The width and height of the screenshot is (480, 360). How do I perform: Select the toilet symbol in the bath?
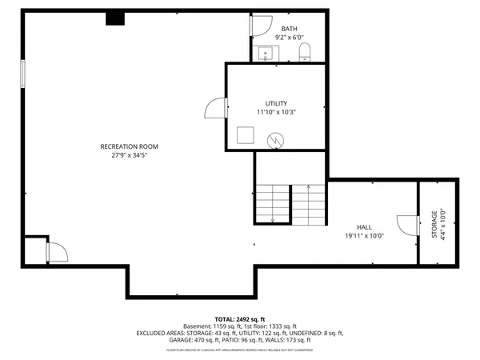(x=304, y=53)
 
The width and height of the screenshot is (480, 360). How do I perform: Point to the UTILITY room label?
(x=276, y=103)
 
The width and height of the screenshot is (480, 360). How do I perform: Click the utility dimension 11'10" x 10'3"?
(x=276, y=113)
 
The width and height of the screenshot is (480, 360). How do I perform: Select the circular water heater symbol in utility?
(x=275, y=139)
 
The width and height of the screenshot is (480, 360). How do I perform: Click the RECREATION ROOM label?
(x=129, y=146)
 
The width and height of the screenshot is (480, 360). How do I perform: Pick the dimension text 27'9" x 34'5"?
(x=129, y=155)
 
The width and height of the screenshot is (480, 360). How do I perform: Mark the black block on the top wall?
(x=115, y=18)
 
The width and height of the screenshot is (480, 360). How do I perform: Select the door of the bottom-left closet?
(x=57, y=252)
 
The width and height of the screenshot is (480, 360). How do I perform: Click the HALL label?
(x=364, y=227)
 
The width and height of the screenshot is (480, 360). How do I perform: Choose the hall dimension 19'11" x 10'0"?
(x=364, y=236)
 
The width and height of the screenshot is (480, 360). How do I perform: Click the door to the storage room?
(x=408, y=225)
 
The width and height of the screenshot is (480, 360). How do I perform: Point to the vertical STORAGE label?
(x=435, y=223)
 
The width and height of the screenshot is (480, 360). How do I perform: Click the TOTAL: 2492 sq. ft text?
(x=239, y=319)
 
